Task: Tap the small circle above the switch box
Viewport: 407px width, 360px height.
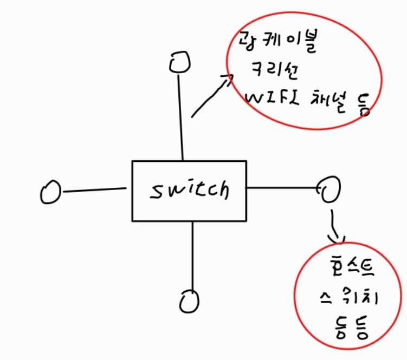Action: tap(179, 62)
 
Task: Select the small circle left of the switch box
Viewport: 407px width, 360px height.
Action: tap(50, 192)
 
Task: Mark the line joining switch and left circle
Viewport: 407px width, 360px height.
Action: tap(95, 189)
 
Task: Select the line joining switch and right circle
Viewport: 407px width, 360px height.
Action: tap(282, 188)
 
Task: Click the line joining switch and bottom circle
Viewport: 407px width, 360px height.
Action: tap(192, 254)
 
